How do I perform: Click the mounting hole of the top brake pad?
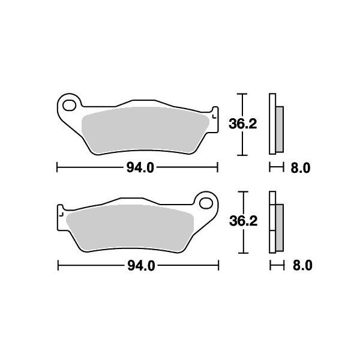[69, 106]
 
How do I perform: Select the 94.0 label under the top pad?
[137, 167]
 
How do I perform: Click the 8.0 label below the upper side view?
[300, 168]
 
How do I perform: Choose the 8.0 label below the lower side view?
[300, 265]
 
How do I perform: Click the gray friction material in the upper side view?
[280, 128]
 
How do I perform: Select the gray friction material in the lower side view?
[280, 226]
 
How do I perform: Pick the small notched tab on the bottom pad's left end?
[60, 212]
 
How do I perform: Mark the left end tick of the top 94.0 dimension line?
[57, 167]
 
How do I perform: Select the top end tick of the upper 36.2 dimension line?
[241, 94]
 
